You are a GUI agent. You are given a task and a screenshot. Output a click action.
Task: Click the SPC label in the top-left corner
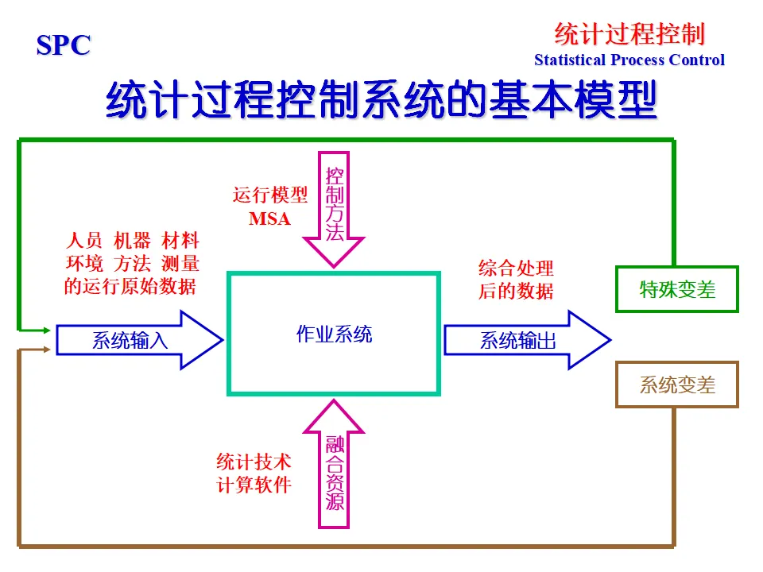click(64, 45)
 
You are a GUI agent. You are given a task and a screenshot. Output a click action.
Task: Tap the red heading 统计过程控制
click(629, 34)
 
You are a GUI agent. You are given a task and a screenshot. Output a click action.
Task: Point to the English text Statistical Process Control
click(629, 60)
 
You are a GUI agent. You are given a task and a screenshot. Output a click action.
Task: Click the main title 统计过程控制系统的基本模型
click(381, 100)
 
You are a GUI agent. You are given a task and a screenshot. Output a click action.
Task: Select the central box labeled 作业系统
click(334, 334)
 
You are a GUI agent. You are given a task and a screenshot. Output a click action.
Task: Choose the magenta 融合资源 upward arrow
click(334, 465)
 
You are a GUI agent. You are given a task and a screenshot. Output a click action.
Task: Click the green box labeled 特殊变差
click(677, 289)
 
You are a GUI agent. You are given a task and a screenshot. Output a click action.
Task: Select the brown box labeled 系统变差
click(677, 385)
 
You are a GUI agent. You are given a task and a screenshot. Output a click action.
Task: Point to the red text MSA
click(269, 218)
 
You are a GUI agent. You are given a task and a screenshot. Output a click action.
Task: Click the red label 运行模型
click(269, 195)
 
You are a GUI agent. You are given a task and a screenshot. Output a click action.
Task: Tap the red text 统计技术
click(254, 461)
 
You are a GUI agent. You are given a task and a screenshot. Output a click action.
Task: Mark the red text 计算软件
click(254, 485)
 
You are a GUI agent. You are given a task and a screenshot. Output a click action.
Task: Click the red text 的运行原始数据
click(130, 287)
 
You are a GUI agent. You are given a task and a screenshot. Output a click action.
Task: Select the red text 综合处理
click(516, 268)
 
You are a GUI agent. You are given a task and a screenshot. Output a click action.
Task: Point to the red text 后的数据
click(516, 291)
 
